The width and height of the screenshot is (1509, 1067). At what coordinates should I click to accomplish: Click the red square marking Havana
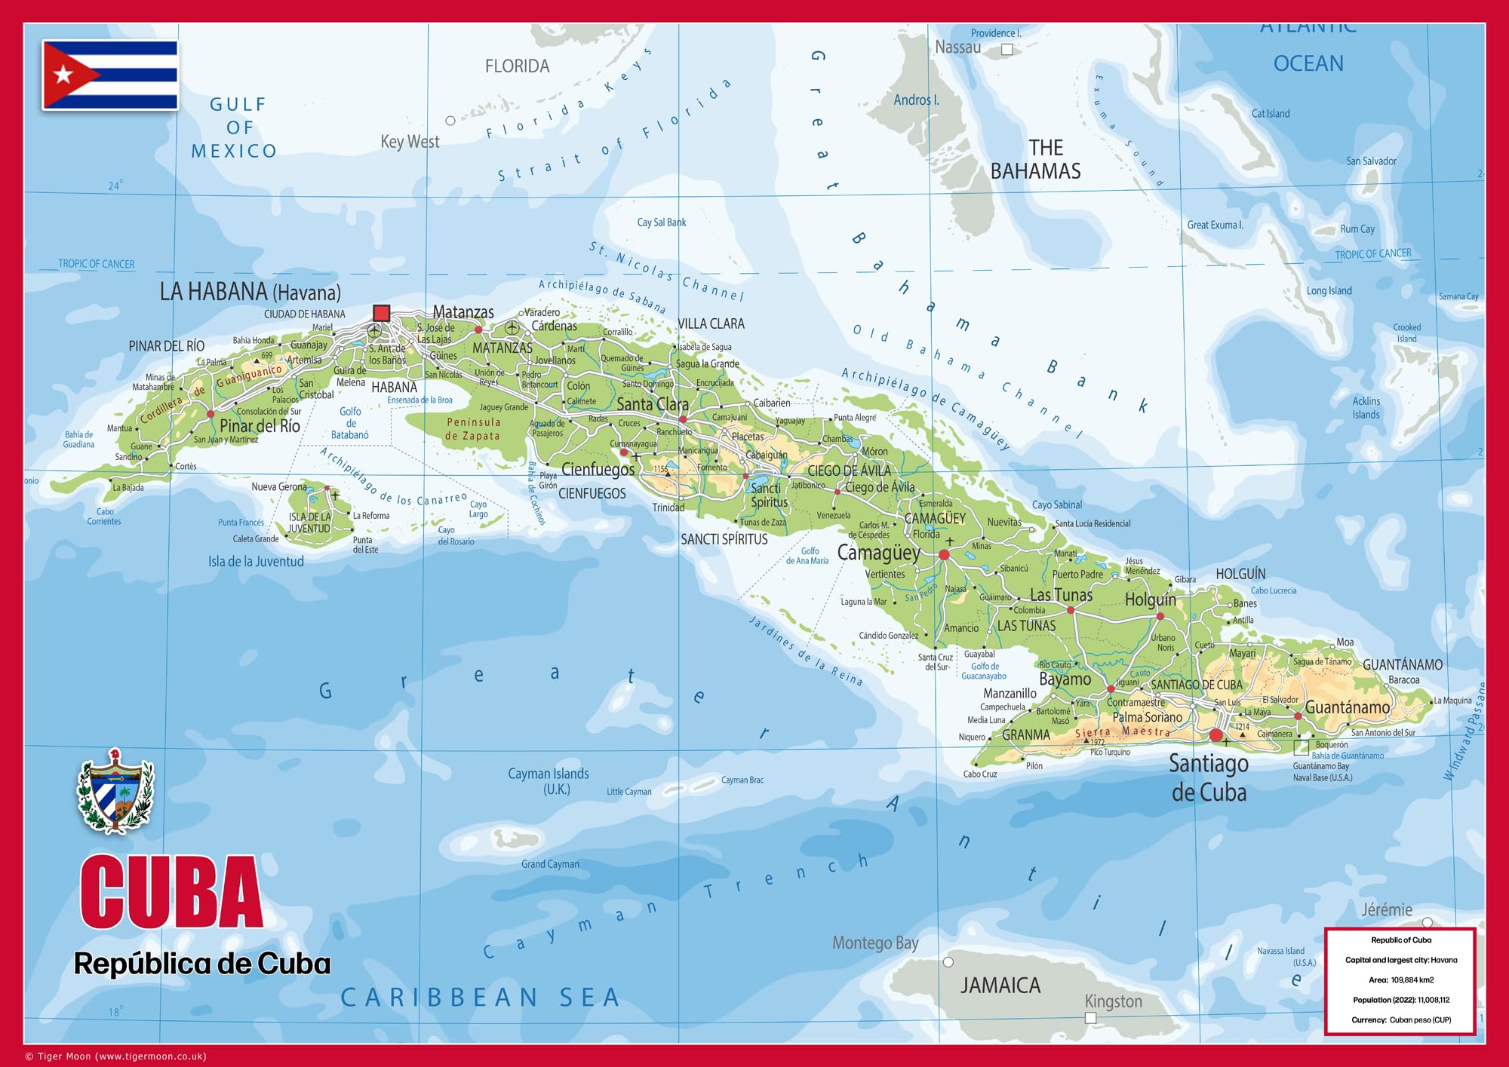coord(382,313)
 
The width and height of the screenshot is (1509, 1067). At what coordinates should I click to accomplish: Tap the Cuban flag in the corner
coord(110,75)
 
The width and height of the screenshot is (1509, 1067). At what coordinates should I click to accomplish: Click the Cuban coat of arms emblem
coord(115,792)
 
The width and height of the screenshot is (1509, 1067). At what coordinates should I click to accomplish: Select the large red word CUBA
coord(171,892)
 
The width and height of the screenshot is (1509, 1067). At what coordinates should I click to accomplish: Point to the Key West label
coord(410,142)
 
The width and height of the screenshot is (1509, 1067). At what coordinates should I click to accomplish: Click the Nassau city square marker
coord(1007,50)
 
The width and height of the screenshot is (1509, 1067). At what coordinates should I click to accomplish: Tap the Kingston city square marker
coord(1090,1018)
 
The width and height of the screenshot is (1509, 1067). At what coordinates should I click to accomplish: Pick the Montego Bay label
coord(875,943)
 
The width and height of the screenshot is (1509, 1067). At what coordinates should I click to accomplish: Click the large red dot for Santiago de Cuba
coord(1215,735)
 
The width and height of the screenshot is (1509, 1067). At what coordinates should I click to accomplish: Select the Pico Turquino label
coord(1110,752)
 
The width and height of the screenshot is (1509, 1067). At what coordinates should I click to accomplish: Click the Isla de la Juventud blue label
coord(256,562)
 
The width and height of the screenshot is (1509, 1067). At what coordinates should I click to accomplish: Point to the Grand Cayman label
coord(550,864)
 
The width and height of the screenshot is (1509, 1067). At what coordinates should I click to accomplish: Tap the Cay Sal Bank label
coord(662,222)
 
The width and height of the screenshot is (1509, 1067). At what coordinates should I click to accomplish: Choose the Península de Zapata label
coord(473,429)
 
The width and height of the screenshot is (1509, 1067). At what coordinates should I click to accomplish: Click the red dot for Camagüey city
coord(944,555)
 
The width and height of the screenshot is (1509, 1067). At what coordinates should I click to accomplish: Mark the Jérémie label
coord(1387,910)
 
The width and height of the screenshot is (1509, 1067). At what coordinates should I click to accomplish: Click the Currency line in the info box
coord(1401,1019)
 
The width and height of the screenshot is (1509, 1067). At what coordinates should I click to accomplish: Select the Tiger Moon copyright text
coord(116,1056)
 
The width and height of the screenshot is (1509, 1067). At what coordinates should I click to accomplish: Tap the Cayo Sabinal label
coord(1056,505)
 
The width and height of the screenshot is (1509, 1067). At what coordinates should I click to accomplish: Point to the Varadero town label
coord(542,312)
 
